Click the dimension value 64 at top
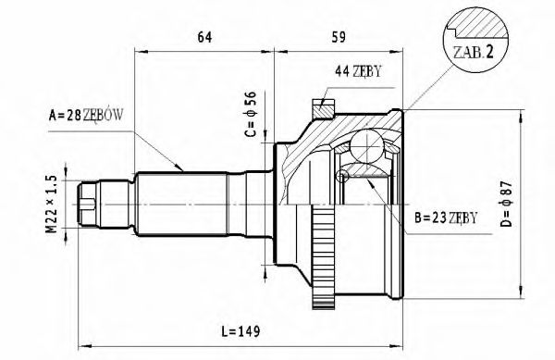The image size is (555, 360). pos(204,37)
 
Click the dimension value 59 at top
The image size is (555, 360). pos(339,37)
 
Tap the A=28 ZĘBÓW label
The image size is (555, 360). pos(87,117)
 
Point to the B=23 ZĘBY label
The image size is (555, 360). pos(446,218)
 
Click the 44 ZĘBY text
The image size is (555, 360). pos(357,70)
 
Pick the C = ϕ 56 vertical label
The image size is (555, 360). pos(249,114)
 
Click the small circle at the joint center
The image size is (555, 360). pos(343,175)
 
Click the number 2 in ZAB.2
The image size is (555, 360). pos(491,54)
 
